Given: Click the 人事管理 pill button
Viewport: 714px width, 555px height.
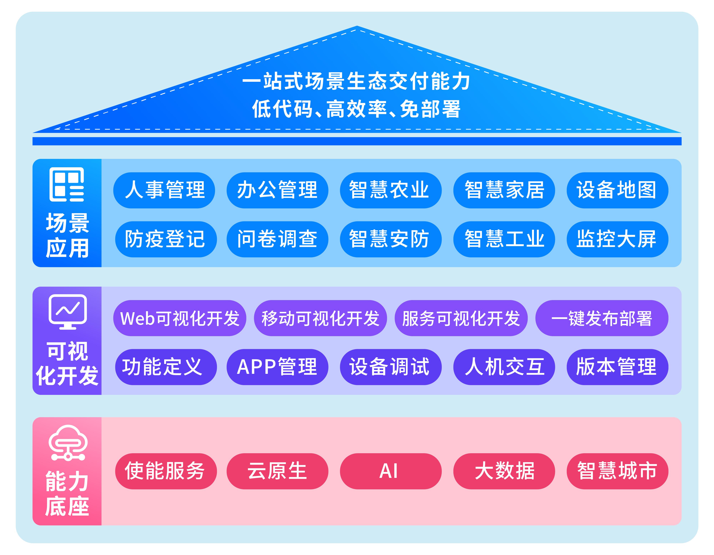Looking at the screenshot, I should click(x=164, y=190).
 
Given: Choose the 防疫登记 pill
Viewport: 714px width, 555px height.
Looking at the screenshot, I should click(x=166, y=239).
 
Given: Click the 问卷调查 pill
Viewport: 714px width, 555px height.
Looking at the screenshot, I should click(x=277, y=239).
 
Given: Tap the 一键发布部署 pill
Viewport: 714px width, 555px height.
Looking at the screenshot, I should click(x=602, y=318).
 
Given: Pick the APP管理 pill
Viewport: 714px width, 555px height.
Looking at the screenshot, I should click(x=277, y=367).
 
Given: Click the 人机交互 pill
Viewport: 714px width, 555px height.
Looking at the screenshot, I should click(x=504, y=367).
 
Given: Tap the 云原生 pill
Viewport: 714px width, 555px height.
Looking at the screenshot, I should click(x=277, y=471).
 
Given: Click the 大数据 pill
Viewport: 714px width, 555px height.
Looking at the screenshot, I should click(x=504, y=471).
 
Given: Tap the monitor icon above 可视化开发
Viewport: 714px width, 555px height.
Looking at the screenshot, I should click(x=68, y=311).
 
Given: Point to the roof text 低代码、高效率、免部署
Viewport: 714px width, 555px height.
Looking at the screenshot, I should click(x=356, y=109).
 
